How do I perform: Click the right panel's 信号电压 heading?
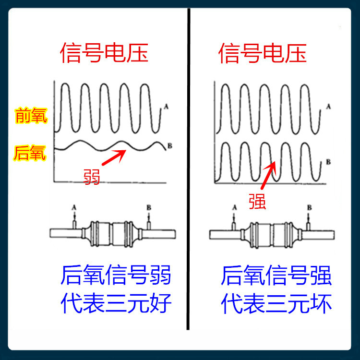pos(263,53)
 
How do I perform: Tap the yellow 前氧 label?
pos(31,116)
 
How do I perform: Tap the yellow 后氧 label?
pos(30,153)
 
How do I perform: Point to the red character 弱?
pos(92,176)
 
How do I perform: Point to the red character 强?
pos(257,200)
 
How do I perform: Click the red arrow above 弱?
pos(114,157)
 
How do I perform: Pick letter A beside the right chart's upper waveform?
pos(328,107)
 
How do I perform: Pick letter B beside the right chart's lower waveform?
pos(328,162)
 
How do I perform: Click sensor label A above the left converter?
pos(74,207)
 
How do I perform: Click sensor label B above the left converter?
pos(149,207)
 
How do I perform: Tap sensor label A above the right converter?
pos(234,207)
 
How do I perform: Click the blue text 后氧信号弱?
pos(116,276)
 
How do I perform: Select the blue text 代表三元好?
pos(116,303)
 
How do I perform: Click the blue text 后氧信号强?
pos(276,276)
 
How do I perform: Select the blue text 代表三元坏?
pos(276,303)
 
